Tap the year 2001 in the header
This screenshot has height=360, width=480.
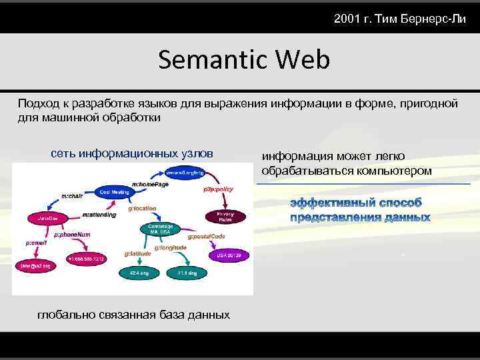point(346,18)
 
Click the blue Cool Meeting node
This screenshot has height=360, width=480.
point(114,192)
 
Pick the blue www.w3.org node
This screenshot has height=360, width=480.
point(185,173)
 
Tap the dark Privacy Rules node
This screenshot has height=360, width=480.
point(225,216)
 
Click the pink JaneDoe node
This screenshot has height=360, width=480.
point(45,218)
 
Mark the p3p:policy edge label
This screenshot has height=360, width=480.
point(218,189)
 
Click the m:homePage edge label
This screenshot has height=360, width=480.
point(150,184)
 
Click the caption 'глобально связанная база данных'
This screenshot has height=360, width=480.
point(133,315)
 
